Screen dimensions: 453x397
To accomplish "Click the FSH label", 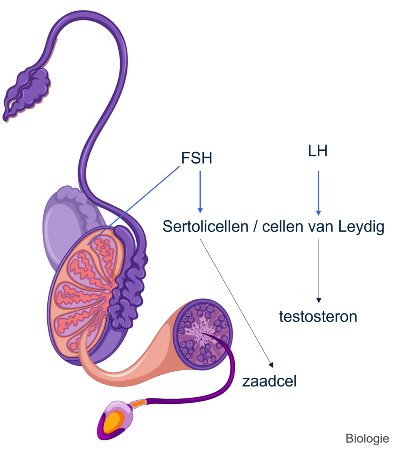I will click(196, 158).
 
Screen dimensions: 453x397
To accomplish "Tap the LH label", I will click(318, 151).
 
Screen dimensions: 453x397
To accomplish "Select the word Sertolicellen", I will click(205, 226).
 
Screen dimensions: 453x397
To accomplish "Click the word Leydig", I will click(361, 227).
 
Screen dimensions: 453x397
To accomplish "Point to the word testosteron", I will click(318, 316).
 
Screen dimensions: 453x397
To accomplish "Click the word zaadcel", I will click(269, 381).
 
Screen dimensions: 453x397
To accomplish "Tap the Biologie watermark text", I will click(367, 438).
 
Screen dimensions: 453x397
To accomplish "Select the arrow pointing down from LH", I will click(318, 192).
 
